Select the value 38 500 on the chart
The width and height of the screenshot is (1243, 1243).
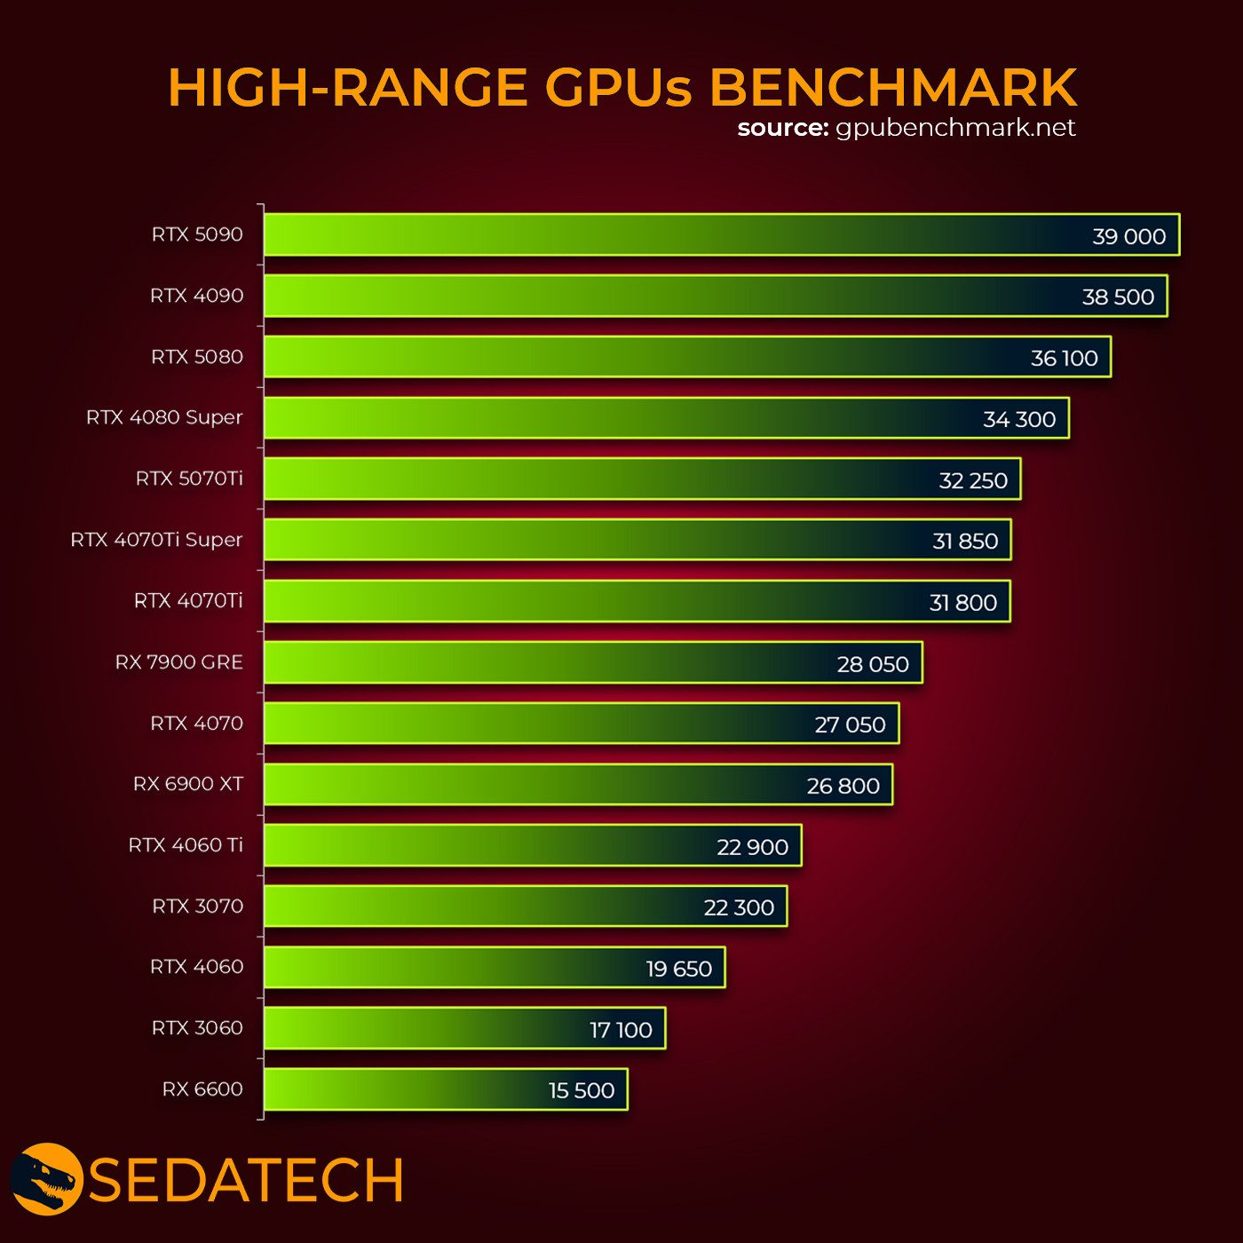click(x=1118, y=297)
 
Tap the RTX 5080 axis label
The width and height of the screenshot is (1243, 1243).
click(x=197, y=357)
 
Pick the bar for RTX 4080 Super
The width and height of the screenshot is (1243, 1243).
click(x=621, y=418)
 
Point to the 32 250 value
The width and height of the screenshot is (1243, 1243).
click(x=973, y=480)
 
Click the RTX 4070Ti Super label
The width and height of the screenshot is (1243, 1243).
click(x=156, y=540)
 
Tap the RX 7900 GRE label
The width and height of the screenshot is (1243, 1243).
click(x=179, y=662)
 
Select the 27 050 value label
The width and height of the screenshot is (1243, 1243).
click(x=850, y=724)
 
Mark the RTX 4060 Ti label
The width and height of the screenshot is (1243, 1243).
click(x=186, y=845)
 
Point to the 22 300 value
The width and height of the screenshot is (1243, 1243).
click(x=739, y=907)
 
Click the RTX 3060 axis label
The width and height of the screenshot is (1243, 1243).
click(x=197, y=1028)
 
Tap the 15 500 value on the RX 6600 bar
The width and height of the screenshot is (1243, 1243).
click(x=582, y=1090)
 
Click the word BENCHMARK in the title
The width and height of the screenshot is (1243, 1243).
click(x=893, y=87)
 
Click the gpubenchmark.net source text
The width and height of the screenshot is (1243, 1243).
click(x=955, y=128)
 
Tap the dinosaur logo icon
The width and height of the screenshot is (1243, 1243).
click(x=46, y=1179)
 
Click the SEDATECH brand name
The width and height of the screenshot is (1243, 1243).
click(x=246, y=1181)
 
